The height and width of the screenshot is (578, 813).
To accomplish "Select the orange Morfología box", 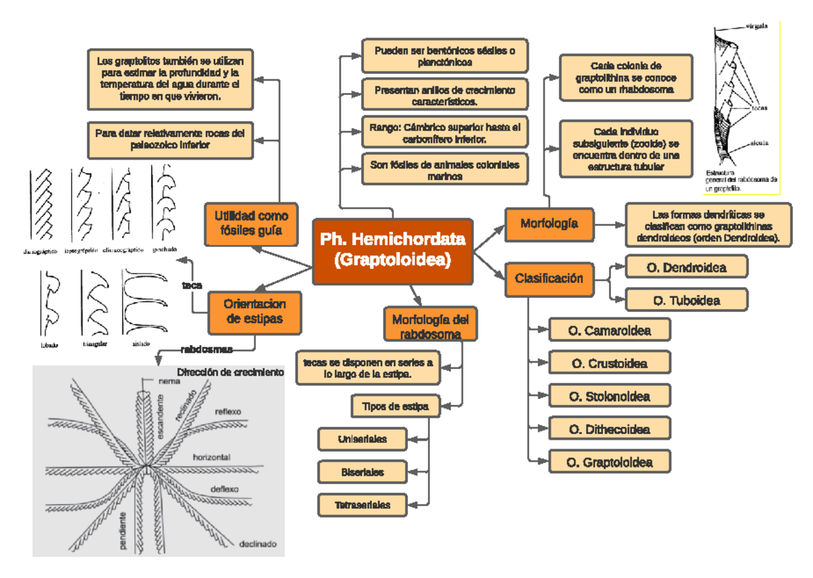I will click(x=549, y=223).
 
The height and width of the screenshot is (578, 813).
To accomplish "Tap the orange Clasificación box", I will click(x=549, y=278).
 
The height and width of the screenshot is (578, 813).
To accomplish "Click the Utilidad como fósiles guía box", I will click(x=251, y=225).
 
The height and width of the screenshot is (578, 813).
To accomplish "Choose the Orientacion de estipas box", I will click(x=254, y=311).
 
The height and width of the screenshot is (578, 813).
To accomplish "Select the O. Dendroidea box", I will click(x=686, y=268).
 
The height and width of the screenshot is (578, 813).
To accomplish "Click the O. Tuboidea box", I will click(x=686, y=300).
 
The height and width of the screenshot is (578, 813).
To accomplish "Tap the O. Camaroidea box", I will click(x=610, y=331).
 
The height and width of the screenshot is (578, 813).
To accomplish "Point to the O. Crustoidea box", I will click(x=610, y=363).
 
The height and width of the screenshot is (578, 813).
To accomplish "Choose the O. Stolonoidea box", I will click(x=610, y=396).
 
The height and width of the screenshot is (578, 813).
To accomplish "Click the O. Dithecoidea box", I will click(x=610, y=429).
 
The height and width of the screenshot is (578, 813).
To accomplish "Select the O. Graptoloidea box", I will click(x=610, y=463).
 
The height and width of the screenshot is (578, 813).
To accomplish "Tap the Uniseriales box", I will click(x=362, y=439).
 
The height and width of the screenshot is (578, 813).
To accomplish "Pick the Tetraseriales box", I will click(x=362, y=505).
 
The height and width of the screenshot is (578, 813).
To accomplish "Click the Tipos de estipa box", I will click(x=396, y=406).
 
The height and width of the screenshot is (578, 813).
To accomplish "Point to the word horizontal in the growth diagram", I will click(x=212, y=458).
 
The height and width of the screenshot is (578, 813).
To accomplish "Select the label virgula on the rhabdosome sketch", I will click(x=757, y=26).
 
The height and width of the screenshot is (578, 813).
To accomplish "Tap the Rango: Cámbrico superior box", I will click(x=444, y=133).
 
